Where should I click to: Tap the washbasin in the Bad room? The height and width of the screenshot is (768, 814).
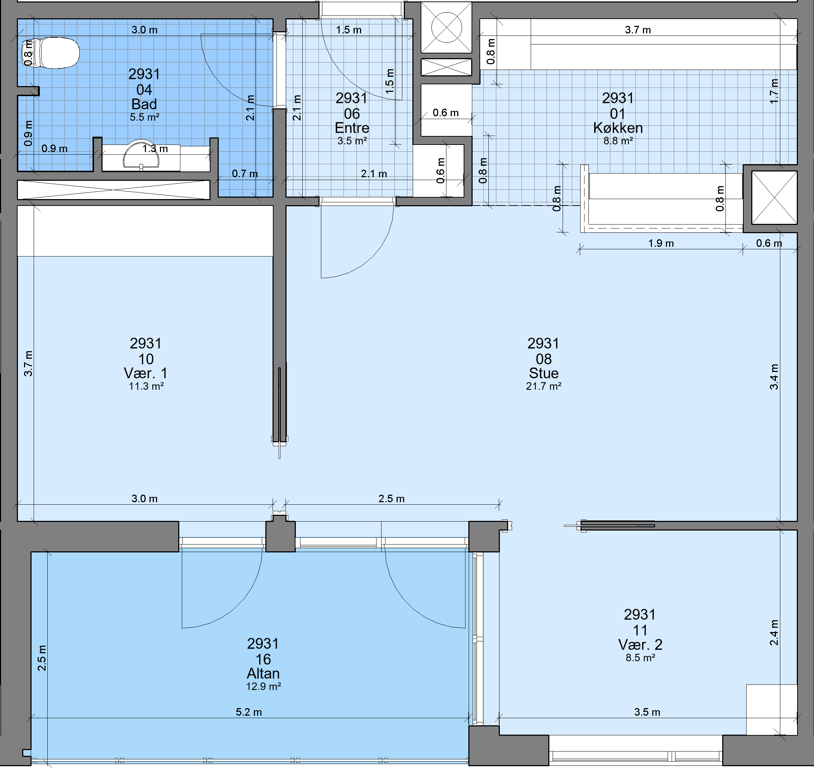(x=141, y=155)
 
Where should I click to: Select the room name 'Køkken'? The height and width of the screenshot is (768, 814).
(x=618, y=128)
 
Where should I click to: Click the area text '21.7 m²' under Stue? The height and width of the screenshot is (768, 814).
(x=543, y=386)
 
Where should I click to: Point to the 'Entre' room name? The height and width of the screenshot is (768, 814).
(x=352, y=128)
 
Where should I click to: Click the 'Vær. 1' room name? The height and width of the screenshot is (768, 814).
(x=146, y=373)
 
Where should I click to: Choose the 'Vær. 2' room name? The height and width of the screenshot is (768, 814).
(x=640, y=645)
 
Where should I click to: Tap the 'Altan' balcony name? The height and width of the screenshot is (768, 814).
(x=263, y=673)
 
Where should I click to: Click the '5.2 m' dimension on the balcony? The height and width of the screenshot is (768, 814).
(x=249, y=712)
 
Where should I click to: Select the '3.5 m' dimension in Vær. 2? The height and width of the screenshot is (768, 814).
(x=647, y=712)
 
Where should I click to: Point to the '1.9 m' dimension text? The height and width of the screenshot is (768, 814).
(x=661, y=243)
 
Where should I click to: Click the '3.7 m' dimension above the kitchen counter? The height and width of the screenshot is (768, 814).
(x=638, y=30)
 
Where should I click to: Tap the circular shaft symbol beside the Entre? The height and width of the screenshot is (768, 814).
(x=446, y=28)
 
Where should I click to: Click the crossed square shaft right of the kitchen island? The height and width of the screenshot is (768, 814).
(x=774, y=197)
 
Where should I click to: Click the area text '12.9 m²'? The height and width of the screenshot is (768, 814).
(x=263, y=687)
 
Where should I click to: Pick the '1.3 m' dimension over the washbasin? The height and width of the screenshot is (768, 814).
(x=155, y=149)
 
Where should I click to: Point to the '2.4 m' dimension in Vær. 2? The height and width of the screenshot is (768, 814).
(x=774, y=632)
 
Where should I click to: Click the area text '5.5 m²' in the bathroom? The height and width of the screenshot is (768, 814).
(x=145, y=117)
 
